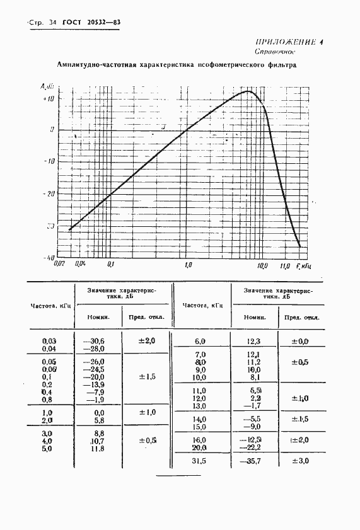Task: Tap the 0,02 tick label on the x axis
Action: tap(61, 265)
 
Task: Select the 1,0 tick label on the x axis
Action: tap(187, 265)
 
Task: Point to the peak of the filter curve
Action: tap(247, 91)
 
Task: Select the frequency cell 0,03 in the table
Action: tap(49, 341)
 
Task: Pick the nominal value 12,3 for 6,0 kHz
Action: tap(254, 341)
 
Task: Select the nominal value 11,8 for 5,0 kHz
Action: tap(95, 449)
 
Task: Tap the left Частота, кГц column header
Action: tap(52, 306)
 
